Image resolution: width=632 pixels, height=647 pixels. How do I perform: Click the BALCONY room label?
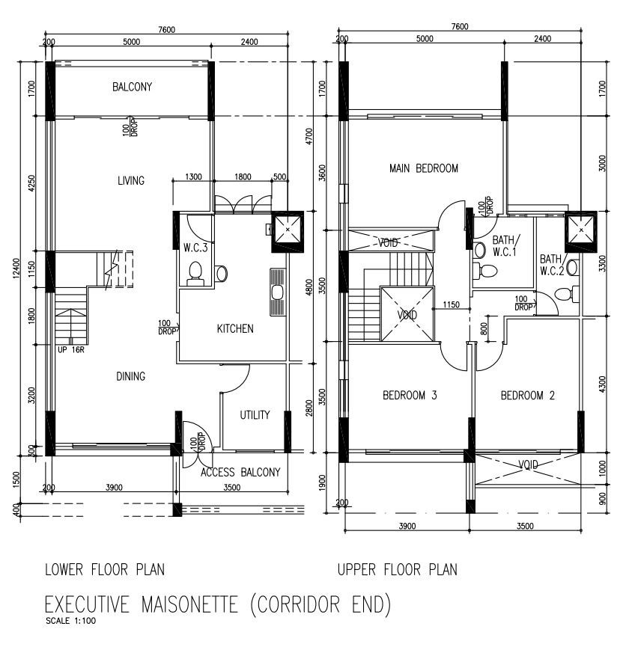[133, 87]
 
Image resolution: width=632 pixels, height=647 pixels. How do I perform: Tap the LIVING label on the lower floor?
[131, 180]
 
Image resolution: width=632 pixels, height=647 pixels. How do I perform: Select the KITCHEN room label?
[235, 328]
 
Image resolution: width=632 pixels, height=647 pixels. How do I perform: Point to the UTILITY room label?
[255, 414]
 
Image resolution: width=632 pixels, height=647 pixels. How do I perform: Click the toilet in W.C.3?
[195, 273]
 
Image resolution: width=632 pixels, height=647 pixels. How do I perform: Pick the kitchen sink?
[278, 292]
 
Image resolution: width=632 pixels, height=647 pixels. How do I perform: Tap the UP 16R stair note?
[71, 350]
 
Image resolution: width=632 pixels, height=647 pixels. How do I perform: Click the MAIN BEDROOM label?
[424, 168]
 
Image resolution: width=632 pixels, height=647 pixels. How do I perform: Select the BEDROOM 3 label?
[410, 395]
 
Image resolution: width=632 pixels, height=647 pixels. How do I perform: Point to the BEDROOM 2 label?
[528, 396]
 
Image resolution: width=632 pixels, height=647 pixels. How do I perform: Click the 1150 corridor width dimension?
[451, 304]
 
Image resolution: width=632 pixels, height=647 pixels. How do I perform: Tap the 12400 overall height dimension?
[16, 269]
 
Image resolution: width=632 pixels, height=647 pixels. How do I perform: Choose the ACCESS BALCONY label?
[240, 472]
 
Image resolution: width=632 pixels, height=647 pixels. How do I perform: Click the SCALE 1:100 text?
[70, 621]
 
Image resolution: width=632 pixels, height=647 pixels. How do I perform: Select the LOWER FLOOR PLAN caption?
[105, 570]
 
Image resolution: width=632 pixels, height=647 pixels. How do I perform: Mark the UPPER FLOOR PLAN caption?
[398, 570]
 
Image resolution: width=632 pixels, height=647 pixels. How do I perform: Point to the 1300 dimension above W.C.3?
[193, 177]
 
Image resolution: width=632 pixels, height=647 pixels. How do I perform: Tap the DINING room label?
[131, 376]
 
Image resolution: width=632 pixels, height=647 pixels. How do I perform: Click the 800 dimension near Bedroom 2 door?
[484, 328]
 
